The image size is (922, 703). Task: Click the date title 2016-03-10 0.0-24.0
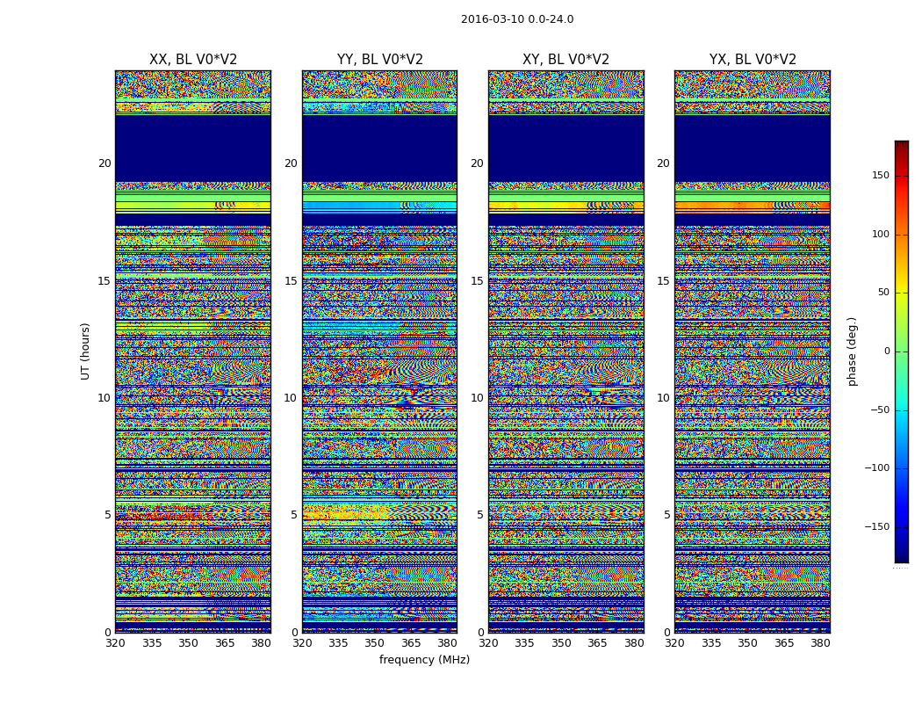pyautogui.click(x=517, y=19)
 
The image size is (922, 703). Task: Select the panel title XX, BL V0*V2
pyautogui.click(x=193, y=60)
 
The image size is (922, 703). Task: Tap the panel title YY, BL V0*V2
pyautogui.click(x=379, y=60)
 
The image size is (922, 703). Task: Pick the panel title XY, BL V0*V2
pyautogui.click(x=565, y=60)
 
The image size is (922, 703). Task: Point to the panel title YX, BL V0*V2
pyautogui.click(x=753, y=60)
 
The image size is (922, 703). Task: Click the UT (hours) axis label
pyautogui.click(x=86, y=351)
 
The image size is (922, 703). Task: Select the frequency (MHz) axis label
pyautogui.click(x=424, y=660)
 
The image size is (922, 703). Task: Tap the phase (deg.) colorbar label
pyautogui.click(x=853, y=351)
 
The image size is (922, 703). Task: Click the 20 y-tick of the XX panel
pyautogui.click(x=104, y=163)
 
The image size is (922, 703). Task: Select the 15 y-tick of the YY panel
pyautogui.click(x=291, y=281)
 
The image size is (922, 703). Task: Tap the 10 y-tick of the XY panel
pyautogui.click(x=477, y=398)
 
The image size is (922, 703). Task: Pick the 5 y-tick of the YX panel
pyautogui.click(x=666, y=515)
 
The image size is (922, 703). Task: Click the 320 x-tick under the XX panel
pyautogui.click(x=115, y=643)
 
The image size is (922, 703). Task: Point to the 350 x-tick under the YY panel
pyautogui.click(x=375, y=643)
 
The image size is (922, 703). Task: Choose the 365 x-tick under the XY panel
pyautogui.click(x=597, y=643)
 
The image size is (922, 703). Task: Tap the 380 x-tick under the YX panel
pyautogui.click(x=820, y=643)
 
